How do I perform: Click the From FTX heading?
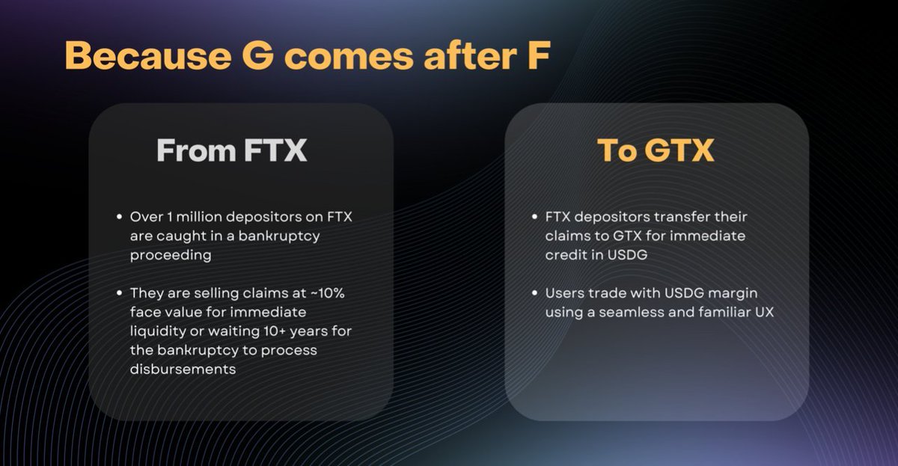231,150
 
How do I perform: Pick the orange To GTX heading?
656,150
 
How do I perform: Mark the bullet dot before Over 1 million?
119,218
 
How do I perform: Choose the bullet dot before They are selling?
119,294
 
